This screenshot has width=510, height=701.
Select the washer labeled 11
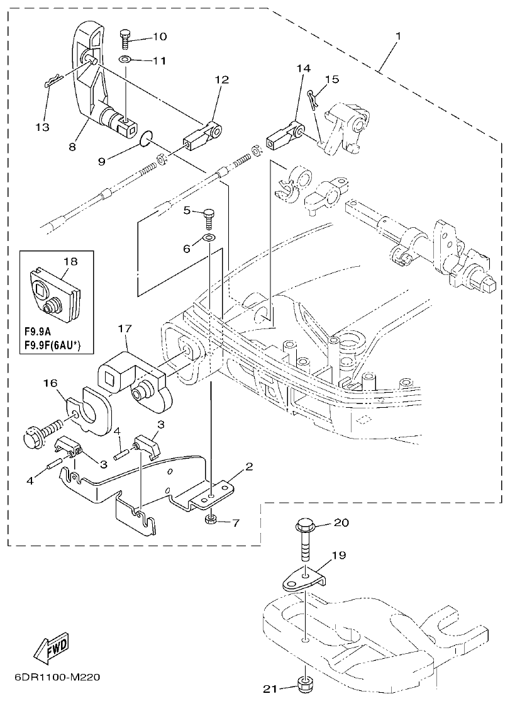[125, 60]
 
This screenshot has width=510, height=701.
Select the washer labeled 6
[208, 238]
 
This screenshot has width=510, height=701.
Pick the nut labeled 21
[306, 683]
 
